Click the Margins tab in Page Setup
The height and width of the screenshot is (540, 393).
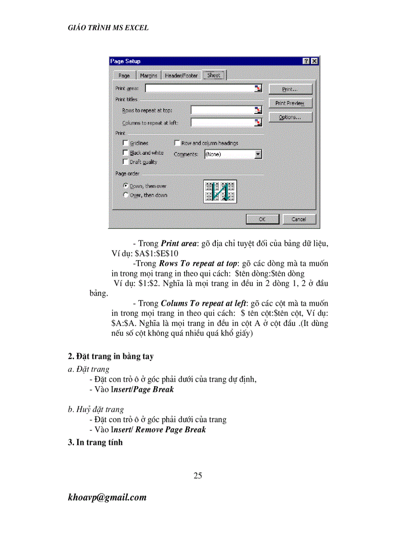[149, 75]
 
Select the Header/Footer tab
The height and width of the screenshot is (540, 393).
[181, 75]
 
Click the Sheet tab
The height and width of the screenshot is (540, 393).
[213, 75]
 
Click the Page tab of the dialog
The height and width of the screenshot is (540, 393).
[124, 75]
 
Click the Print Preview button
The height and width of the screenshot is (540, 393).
[290, 103]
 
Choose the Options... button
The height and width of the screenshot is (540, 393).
[290, 117]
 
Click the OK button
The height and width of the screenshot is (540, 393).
[262, 219]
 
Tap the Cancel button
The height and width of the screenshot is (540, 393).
[299, 219]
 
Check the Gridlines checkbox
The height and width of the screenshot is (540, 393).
[126, 143]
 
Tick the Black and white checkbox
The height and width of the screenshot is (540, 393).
[126, 152]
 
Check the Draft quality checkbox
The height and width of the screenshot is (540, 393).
[126, 162]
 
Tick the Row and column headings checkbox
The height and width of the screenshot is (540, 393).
[177, 143]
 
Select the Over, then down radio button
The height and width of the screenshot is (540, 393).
[126, 195]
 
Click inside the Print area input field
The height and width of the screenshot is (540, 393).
[200, 88]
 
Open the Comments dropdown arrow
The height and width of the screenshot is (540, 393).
[258, 154]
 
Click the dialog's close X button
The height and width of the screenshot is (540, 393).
[314, 61]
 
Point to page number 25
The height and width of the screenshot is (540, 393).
[197, 476]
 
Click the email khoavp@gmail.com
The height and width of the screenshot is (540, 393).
[107, 497]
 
